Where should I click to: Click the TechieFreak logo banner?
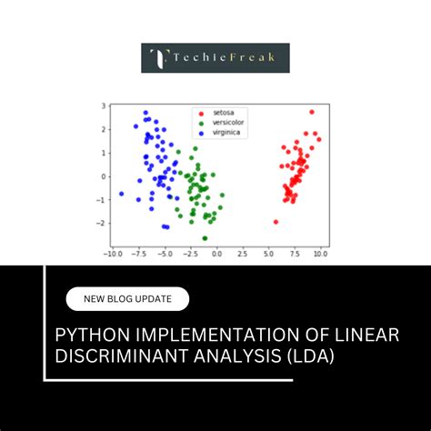tap(215, 58)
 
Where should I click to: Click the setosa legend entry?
tap(222, 112)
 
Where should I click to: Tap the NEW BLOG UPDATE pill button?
tap(127, 299)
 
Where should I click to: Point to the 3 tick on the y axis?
tap(105, 107)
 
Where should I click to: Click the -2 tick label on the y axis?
tap(103, 223)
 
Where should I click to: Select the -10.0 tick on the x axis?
tap(113, 256)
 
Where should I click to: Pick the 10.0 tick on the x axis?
tap(320, 256)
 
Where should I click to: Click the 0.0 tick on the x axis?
tap(216, 256)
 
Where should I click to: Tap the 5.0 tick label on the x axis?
tap(269, 256)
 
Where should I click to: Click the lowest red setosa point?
tap(276, 222)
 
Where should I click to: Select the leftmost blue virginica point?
tap(122, 194)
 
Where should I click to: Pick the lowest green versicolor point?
tap(205, 238)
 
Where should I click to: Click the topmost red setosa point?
tap(311, 112)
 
